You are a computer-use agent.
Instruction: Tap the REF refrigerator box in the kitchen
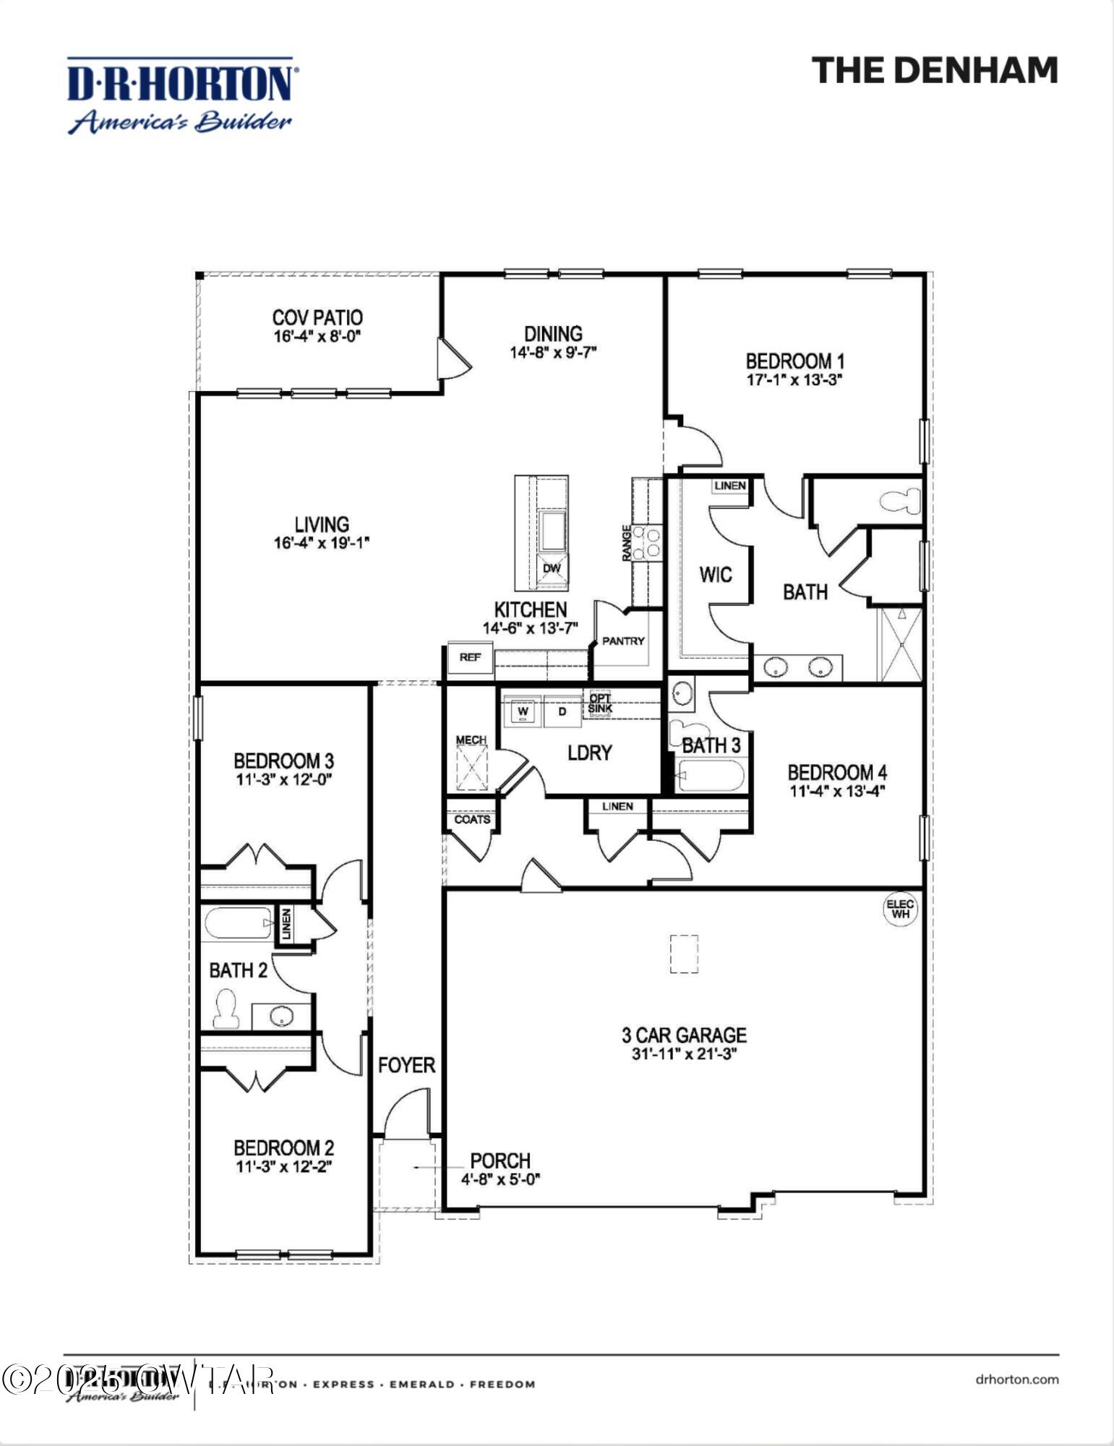(x=470, y=657)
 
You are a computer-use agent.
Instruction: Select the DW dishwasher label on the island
(x=552, y=568)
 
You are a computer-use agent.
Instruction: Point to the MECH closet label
(x=471, y=740)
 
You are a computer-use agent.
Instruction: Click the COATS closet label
(x=472, y=819)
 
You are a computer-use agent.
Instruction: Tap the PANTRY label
(x=622, y=641)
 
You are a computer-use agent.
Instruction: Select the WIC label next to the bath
(x=715, y=575)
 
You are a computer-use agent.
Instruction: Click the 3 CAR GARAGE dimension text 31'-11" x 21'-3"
(x=684, y=1054)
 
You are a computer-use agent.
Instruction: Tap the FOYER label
(x=406, y=1065)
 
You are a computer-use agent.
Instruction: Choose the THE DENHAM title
(x=934, y=71)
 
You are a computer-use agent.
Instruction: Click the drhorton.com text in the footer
(x=1016, y=1379)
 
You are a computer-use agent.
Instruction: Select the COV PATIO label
(x=317, y=317)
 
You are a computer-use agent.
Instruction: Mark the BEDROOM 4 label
(x=837, y=772)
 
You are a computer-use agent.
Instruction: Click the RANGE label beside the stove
(x=626, y=543)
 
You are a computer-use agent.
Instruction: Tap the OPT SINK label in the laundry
(x=600, y=703)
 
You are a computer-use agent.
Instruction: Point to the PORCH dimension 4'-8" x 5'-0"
(x=501, y=1179)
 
